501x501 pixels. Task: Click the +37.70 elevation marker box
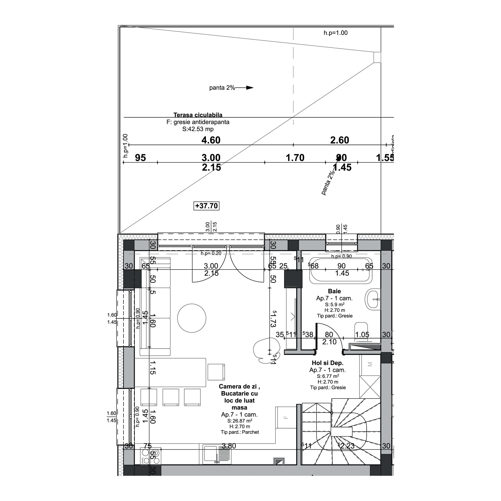(x=206, y=206)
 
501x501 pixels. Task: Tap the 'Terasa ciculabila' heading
(x=198, y=115)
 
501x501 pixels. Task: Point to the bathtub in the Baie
(x=340, y=270)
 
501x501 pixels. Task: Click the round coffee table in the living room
(x=192, y=318)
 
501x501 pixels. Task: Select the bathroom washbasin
(x=373, y=299)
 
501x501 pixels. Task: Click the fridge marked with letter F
(x=286, y=418)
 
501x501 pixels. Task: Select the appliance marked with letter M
(x=370, y=364)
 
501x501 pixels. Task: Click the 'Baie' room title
(x=334, y=291)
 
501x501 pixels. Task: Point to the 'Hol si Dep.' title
(x=327, y=363)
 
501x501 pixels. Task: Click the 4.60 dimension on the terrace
(x=211, y=140)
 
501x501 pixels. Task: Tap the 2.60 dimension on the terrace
(x=339, y=140)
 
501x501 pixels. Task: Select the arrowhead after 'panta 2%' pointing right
(x=249, y=88)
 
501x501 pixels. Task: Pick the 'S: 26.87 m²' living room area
(x=240, y=421)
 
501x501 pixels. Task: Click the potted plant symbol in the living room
(x=266, y=351)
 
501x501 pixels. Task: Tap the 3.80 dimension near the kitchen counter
(x=229, y=446)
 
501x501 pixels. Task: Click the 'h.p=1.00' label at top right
(x=335, y=33)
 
